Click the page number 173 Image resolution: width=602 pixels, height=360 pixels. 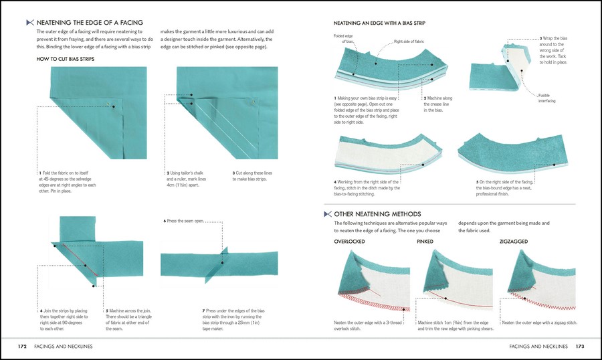click(579, 347)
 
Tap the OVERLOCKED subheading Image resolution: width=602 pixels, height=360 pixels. click(349, 240)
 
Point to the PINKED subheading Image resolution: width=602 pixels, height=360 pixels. click(425, 240)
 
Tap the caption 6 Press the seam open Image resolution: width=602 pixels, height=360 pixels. click(183, 221)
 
